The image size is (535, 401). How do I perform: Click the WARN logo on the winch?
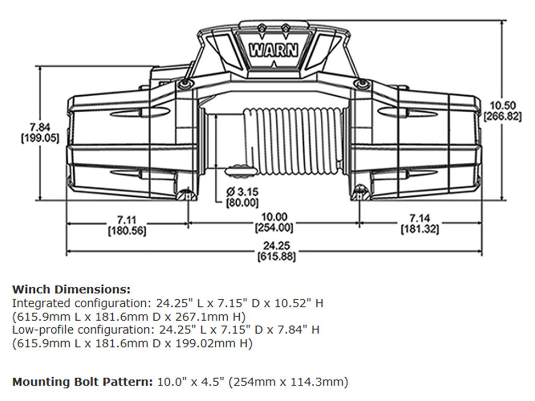coord(274,51)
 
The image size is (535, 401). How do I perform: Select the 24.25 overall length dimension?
coord(274,246)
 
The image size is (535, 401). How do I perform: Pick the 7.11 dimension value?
coord(126,218)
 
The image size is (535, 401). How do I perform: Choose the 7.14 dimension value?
coord(420,218)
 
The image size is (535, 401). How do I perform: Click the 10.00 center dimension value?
coord(274,217)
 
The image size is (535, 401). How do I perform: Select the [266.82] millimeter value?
coord(503,117)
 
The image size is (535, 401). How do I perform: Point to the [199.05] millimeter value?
coord(40,138)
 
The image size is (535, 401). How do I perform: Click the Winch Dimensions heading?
coord(71,289)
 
